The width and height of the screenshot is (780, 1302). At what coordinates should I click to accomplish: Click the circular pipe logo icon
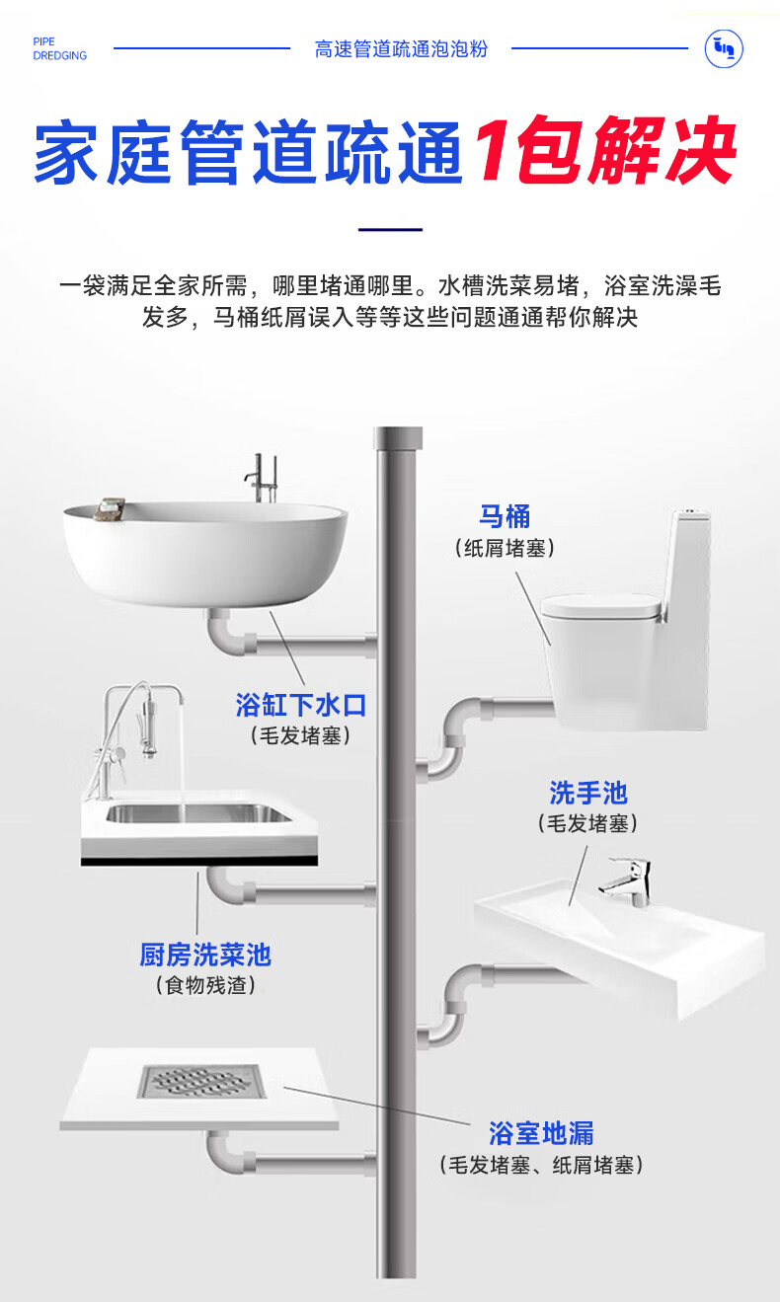point(724,48)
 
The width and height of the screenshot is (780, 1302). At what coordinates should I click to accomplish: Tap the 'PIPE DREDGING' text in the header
point(59,49)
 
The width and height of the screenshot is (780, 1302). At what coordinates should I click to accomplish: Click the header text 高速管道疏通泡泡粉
point(401,49)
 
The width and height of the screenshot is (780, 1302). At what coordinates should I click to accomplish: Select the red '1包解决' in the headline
point(605,151)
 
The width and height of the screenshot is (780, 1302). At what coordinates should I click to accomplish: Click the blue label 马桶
point(505,516)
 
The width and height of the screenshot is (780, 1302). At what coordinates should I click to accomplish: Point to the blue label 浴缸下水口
point(300,705)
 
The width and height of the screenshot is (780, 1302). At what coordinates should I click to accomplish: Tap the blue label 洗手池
point(587,793)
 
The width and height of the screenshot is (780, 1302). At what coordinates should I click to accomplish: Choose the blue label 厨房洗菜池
point(204,955)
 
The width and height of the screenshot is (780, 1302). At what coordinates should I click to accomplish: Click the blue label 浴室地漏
point(541,1132)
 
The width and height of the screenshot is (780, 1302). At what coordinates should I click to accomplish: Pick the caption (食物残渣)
point(204,985)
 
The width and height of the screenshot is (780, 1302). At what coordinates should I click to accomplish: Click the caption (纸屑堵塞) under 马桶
point(505,548)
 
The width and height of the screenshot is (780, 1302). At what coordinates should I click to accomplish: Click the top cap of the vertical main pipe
point(399,435)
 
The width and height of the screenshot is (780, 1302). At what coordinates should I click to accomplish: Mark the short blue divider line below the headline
point(390,230)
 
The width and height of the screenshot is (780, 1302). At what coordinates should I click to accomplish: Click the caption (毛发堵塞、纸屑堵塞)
point(541,1166)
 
